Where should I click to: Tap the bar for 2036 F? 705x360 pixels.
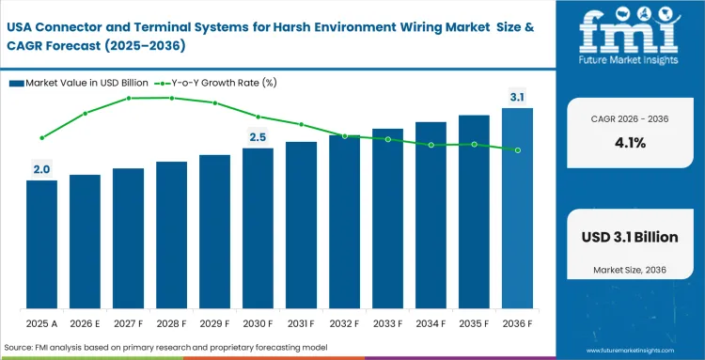[x=517, y=209]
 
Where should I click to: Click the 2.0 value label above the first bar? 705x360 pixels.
[x=41, y=169]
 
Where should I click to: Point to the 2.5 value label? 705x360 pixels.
[x=258, y=137]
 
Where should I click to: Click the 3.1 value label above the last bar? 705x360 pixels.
[x=517, y=97]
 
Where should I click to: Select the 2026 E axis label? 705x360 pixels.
[x=85, y=323]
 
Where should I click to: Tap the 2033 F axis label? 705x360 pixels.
[x=387, y=323]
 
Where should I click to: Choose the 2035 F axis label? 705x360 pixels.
[x=474, y=323]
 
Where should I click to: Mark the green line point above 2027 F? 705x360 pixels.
[x=128, y=98]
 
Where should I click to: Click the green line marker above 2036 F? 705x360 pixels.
[x=517, y=150]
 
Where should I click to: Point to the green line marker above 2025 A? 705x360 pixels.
[x=41, y=138]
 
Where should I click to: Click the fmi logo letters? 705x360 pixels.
[x=629, y=32]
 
